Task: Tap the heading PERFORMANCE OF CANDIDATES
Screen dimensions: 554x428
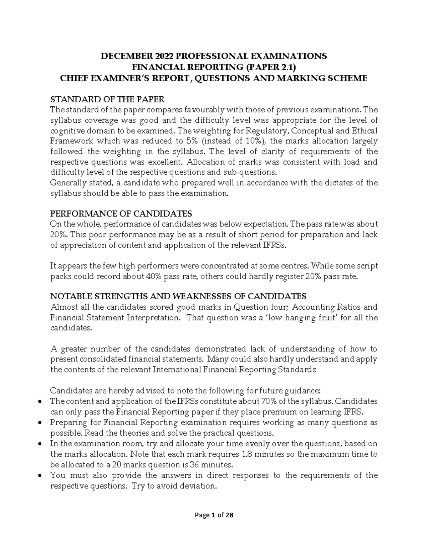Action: pyautogui.click(x=121, y=214)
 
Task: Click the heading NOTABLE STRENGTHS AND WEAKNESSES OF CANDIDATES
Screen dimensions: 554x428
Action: pyautogui.click(x=178, y=296)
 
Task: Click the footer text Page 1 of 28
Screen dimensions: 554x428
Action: pyautogui.click(x=214, y=515)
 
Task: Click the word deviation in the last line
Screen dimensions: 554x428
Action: pyautogui.click(x=198, y=486)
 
